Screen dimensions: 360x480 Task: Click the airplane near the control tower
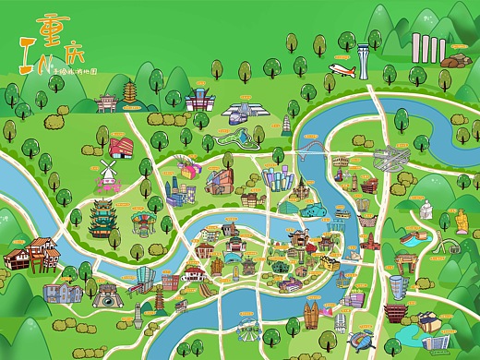pyautogui.click(x=343, y=71)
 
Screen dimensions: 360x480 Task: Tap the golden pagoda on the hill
pyautogui.click(x=128, y=91)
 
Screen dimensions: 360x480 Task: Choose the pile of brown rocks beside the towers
pyautogui.click(x=453, y=61)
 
